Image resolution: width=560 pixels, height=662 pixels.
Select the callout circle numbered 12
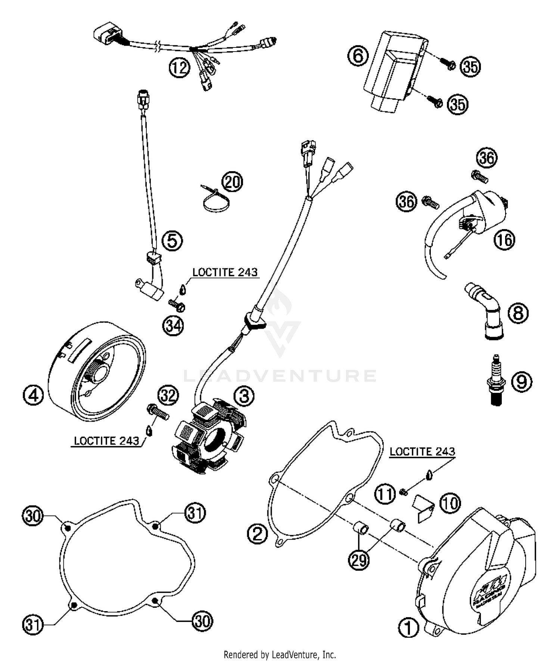pyautogui.click(x=180, y=68)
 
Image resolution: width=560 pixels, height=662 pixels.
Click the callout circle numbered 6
pyautogui.click(x=358, y=56)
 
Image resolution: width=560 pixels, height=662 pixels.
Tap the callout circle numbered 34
pyautogui.click(x=173, y=326)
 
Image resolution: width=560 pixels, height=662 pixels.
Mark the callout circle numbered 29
pyautogui.click(x=359, y=560)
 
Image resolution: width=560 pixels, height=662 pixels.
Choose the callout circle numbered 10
pyautogui.click(x=450, y=503)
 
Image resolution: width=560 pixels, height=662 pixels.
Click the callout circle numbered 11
pyautogui.click(x=385, y=494)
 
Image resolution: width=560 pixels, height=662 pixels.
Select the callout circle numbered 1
pyautogui.click(x=408, y=628)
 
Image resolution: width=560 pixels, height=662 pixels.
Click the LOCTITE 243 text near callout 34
pyautogui.click(x=225, y=272)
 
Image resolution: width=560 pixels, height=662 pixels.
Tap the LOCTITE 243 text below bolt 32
pyautogui.click(x=106, y=441)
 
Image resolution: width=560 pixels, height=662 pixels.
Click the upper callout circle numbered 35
pyautogui.click(x=470, y=67)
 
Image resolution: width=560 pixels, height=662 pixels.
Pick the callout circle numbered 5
pyautogui.click(x=172, y=240)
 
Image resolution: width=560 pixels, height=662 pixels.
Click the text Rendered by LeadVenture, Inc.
pyautogui.click(x=280, y=655)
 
